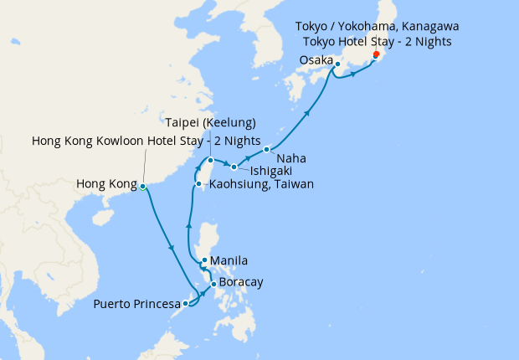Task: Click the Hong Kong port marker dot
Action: tap(142, 186)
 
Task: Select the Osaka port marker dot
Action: tap(337, 64)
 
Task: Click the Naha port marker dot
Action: tap(266, 150)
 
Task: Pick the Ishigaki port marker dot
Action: tap(234, 167)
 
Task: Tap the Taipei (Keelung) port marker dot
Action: tap(211, 160)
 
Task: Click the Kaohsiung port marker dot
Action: tap(198, 184)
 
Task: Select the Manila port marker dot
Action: tap(204, 260)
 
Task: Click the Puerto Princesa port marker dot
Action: tap(186, 303)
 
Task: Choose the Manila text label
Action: tap(229, 261)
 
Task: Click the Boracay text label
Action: tap(242, 282)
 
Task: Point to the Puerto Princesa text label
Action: tap(136, 302)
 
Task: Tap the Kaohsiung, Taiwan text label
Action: tap(261, 184)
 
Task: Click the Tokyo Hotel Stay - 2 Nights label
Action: tap(377, 42)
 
